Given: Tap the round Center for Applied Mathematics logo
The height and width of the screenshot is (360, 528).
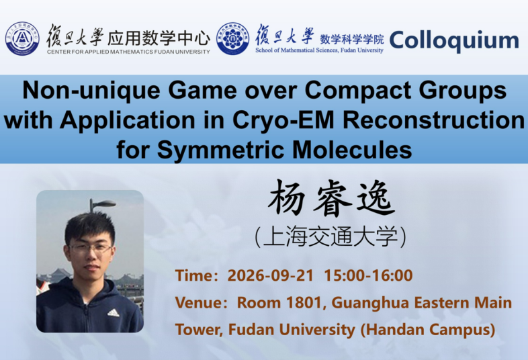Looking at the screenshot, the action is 22,39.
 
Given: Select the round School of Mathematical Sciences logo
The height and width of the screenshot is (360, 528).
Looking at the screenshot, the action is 233,39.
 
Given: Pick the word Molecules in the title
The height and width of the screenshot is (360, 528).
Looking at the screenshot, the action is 352,150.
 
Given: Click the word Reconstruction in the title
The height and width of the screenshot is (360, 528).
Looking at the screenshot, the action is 434,120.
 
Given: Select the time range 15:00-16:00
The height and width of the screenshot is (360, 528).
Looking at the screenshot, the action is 368,275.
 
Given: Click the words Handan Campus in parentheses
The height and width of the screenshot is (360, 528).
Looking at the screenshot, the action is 428,329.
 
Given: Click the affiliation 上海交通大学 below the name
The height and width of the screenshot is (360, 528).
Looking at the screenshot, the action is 331,237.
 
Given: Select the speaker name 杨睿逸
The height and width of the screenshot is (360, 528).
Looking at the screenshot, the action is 331,198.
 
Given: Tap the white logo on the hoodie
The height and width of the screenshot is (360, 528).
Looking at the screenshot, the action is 114,313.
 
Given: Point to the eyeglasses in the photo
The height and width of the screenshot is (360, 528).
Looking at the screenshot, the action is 91,249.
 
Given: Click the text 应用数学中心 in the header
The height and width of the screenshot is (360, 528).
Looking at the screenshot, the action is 159,38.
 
